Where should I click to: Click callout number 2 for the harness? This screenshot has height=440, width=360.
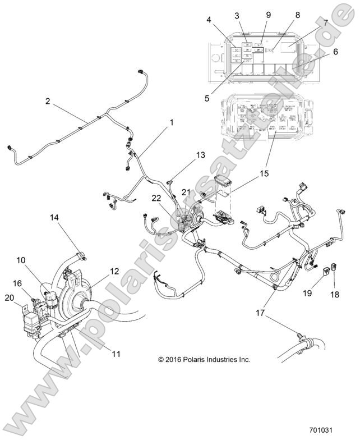click(x=48, y=102)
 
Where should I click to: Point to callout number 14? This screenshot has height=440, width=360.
click(x=54, y=217)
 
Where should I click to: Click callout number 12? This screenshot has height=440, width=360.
click(x=114, y=271)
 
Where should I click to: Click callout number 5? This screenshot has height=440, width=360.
click(x=207, y=97)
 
